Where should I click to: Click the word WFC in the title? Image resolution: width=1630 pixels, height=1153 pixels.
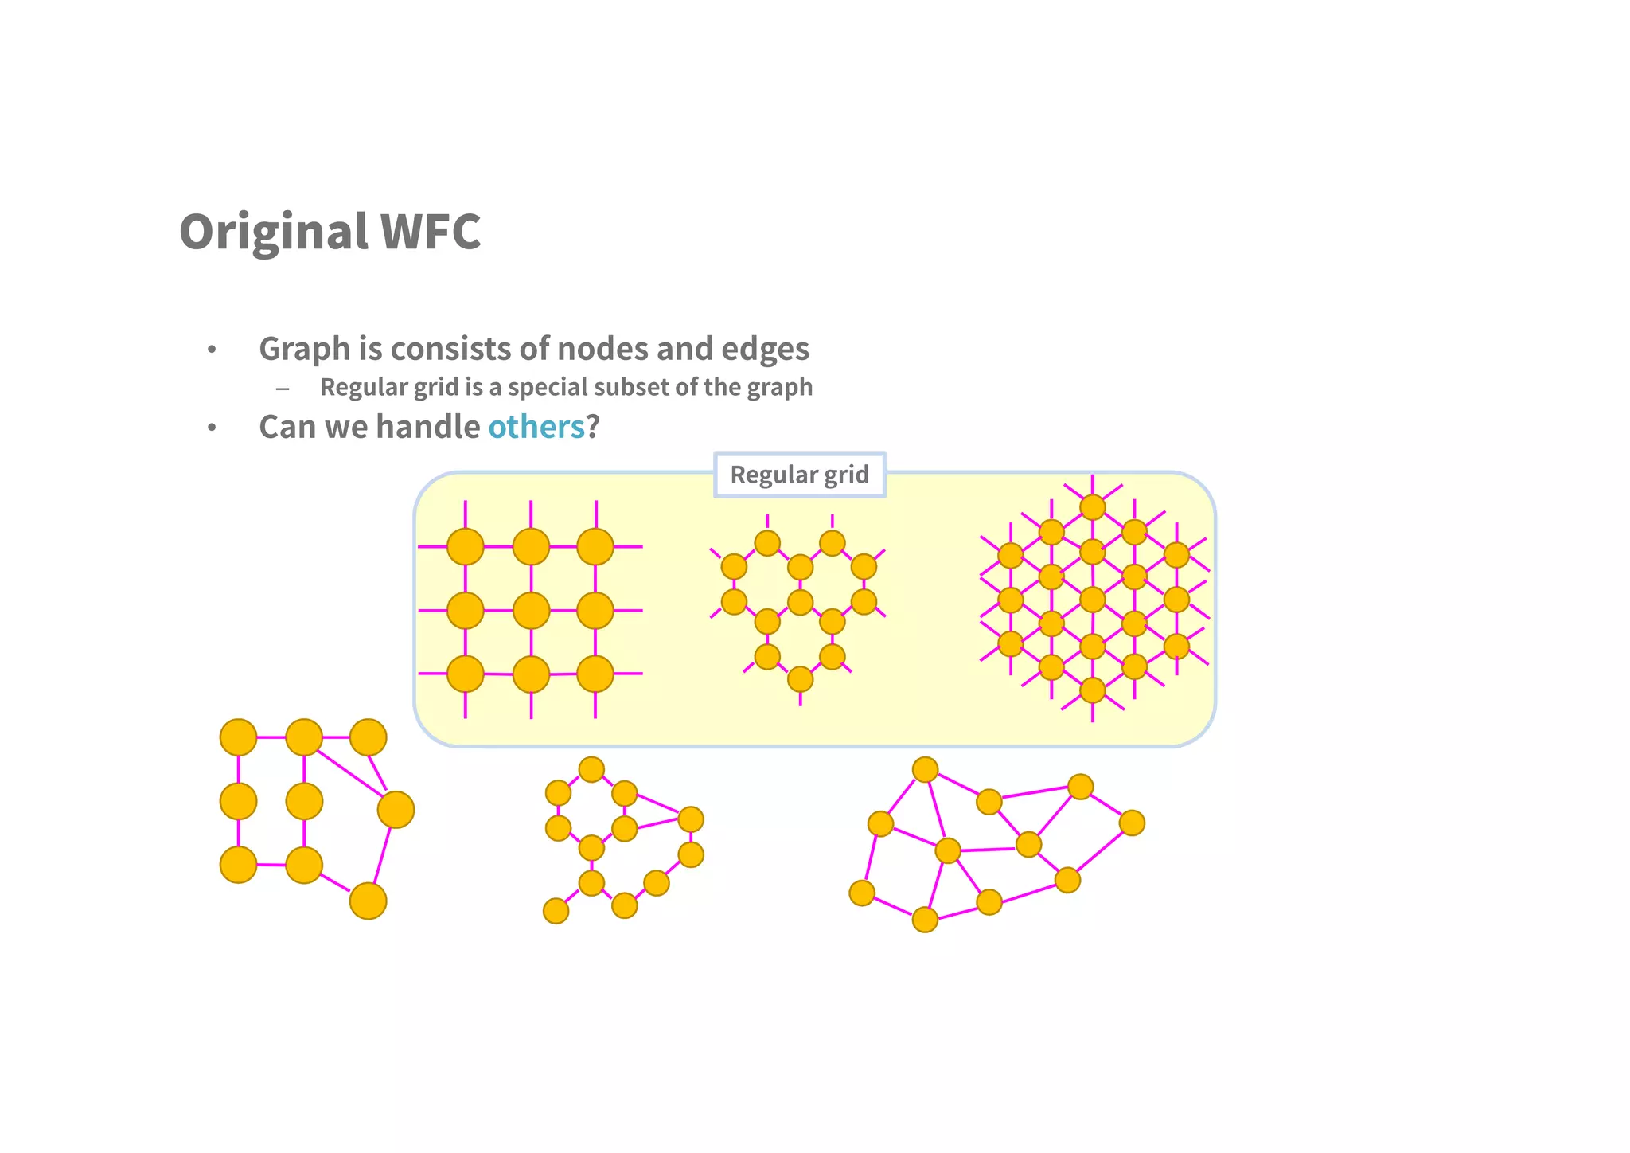[431, 232]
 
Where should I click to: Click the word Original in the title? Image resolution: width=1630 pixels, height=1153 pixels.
[273, 232]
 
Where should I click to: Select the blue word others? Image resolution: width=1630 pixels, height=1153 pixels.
[536, 427]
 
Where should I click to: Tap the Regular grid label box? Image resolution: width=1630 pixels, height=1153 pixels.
[799, 475]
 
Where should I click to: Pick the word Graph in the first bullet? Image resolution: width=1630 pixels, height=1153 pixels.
[305, 349]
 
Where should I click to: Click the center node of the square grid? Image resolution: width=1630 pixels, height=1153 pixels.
[531, 611]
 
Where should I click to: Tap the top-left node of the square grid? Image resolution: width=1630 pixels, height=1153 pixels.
[466, 547]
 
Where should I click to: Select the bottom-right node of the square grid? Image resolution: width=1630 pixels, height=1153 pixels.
[595, 674]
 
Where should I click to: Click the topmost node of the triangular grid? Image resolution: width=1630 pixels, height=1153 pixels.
[1093, 507]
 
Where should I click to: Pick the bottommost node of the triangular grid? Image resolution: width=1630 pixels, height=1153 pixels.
[1093, 690]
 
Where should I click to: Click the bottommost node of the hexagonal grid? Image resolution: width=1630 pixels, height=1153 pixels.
[800, 679]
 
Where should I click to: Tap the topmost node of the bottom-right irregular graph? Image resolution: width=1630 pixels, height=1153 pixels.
[925, 770]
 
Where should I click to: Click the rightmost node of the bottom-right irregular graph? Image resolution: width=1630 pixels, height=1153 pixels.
[1132, 823]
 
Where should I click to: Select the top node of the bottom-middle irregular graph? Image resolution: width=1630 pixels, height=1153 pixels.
[591, 769]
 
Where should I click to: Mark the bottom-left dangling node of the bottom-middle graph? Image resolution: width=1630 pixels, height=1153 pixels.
[556, 910]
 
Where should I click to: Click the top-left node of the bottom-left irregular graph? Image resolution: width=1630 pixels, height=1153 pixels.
[238, 737]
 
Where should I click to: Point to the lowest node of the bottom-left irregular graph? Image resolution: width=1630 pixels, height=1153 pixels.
[368, 901]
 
